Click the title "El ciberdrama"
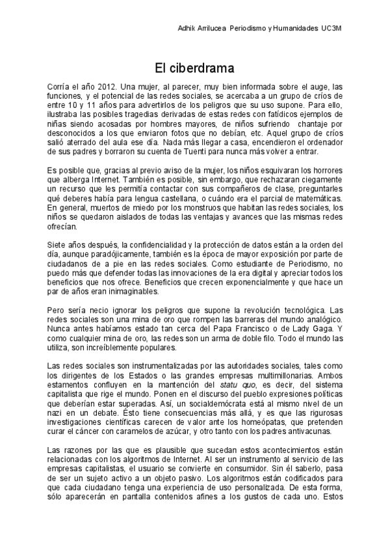(x=194, y=67)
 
